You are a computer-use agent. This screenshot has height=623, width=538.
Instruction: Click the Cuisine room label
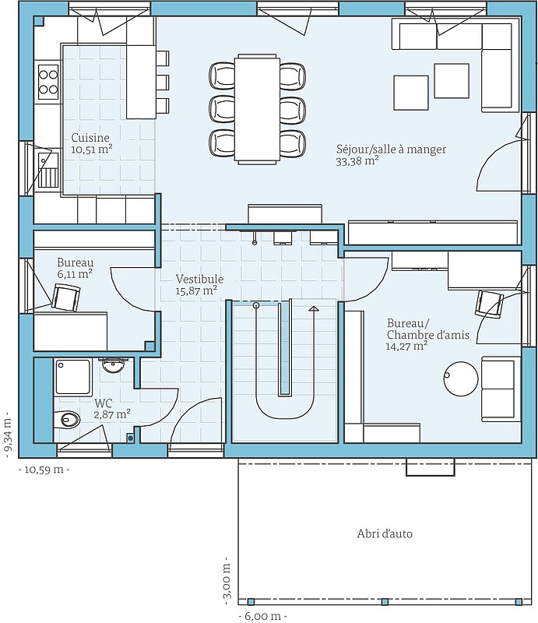click(90, 138)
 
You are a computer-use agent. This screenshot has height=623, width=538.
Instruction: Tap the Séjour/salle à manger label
click(392, 149)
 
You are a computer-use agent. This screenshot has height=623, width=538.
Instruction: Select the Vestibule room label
click(199, 279)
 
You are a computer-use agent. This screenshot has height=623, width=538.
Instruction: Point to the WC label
click(104, 403)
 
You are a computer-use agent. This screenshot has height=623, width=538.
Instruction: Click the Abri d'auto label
click(385, 533)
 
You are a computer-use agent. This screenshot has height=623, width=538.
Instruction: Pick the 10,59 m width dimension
click(44, 470)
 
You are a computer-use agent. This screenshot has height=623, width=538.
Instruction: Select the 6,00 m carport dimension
click(262, 616)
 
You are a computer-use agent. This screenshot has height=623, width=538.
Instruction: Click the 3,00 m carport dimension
click(227, 580)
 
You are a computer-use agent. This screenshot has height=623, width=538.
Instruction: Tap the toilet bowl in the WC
click(67, 419)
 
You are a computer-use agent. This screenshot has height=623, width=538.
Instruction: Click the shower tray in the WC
click(72, 376)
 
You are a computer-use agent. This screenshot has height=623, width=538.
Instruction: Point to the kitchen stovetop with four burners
click(48, 82)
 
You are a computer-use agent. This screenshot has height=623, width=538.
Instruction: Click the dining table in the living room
click(257, 109)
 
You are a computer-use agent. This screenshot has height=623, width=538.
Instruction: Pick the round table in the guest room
click(461, 378)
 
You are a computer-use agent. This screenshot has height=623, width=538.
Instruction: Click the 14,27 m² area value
click(406, 346)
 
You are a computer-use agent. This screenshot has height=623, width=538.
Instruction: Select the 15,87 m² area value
click(196, 290)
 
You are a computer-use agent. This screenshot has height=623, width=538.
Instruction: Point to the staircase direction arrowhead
click(314, 308)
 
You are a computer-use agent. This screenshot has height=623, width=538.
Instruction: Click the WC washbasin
click(114, 364)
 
